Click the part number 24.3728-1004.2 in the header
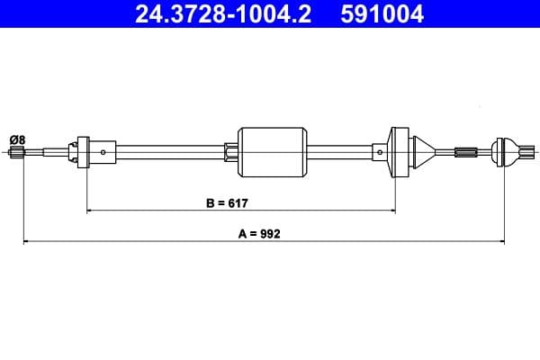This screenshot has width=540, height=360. (221, 14)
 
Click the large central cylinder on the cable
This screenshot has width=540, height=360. (271, 151)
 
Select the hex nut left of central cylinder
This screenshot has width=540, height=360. (230, 151)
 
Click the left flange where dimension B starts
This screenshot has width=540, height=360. (85, 151)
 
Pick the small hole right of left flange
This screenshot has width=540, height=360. (103, 152)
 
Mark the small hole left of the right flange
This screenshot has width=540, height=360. (380, 152)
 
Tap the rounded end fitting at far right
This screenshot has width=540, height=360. (507, 151)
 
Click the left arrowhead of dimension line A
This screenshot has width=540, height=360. (26, 241)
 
